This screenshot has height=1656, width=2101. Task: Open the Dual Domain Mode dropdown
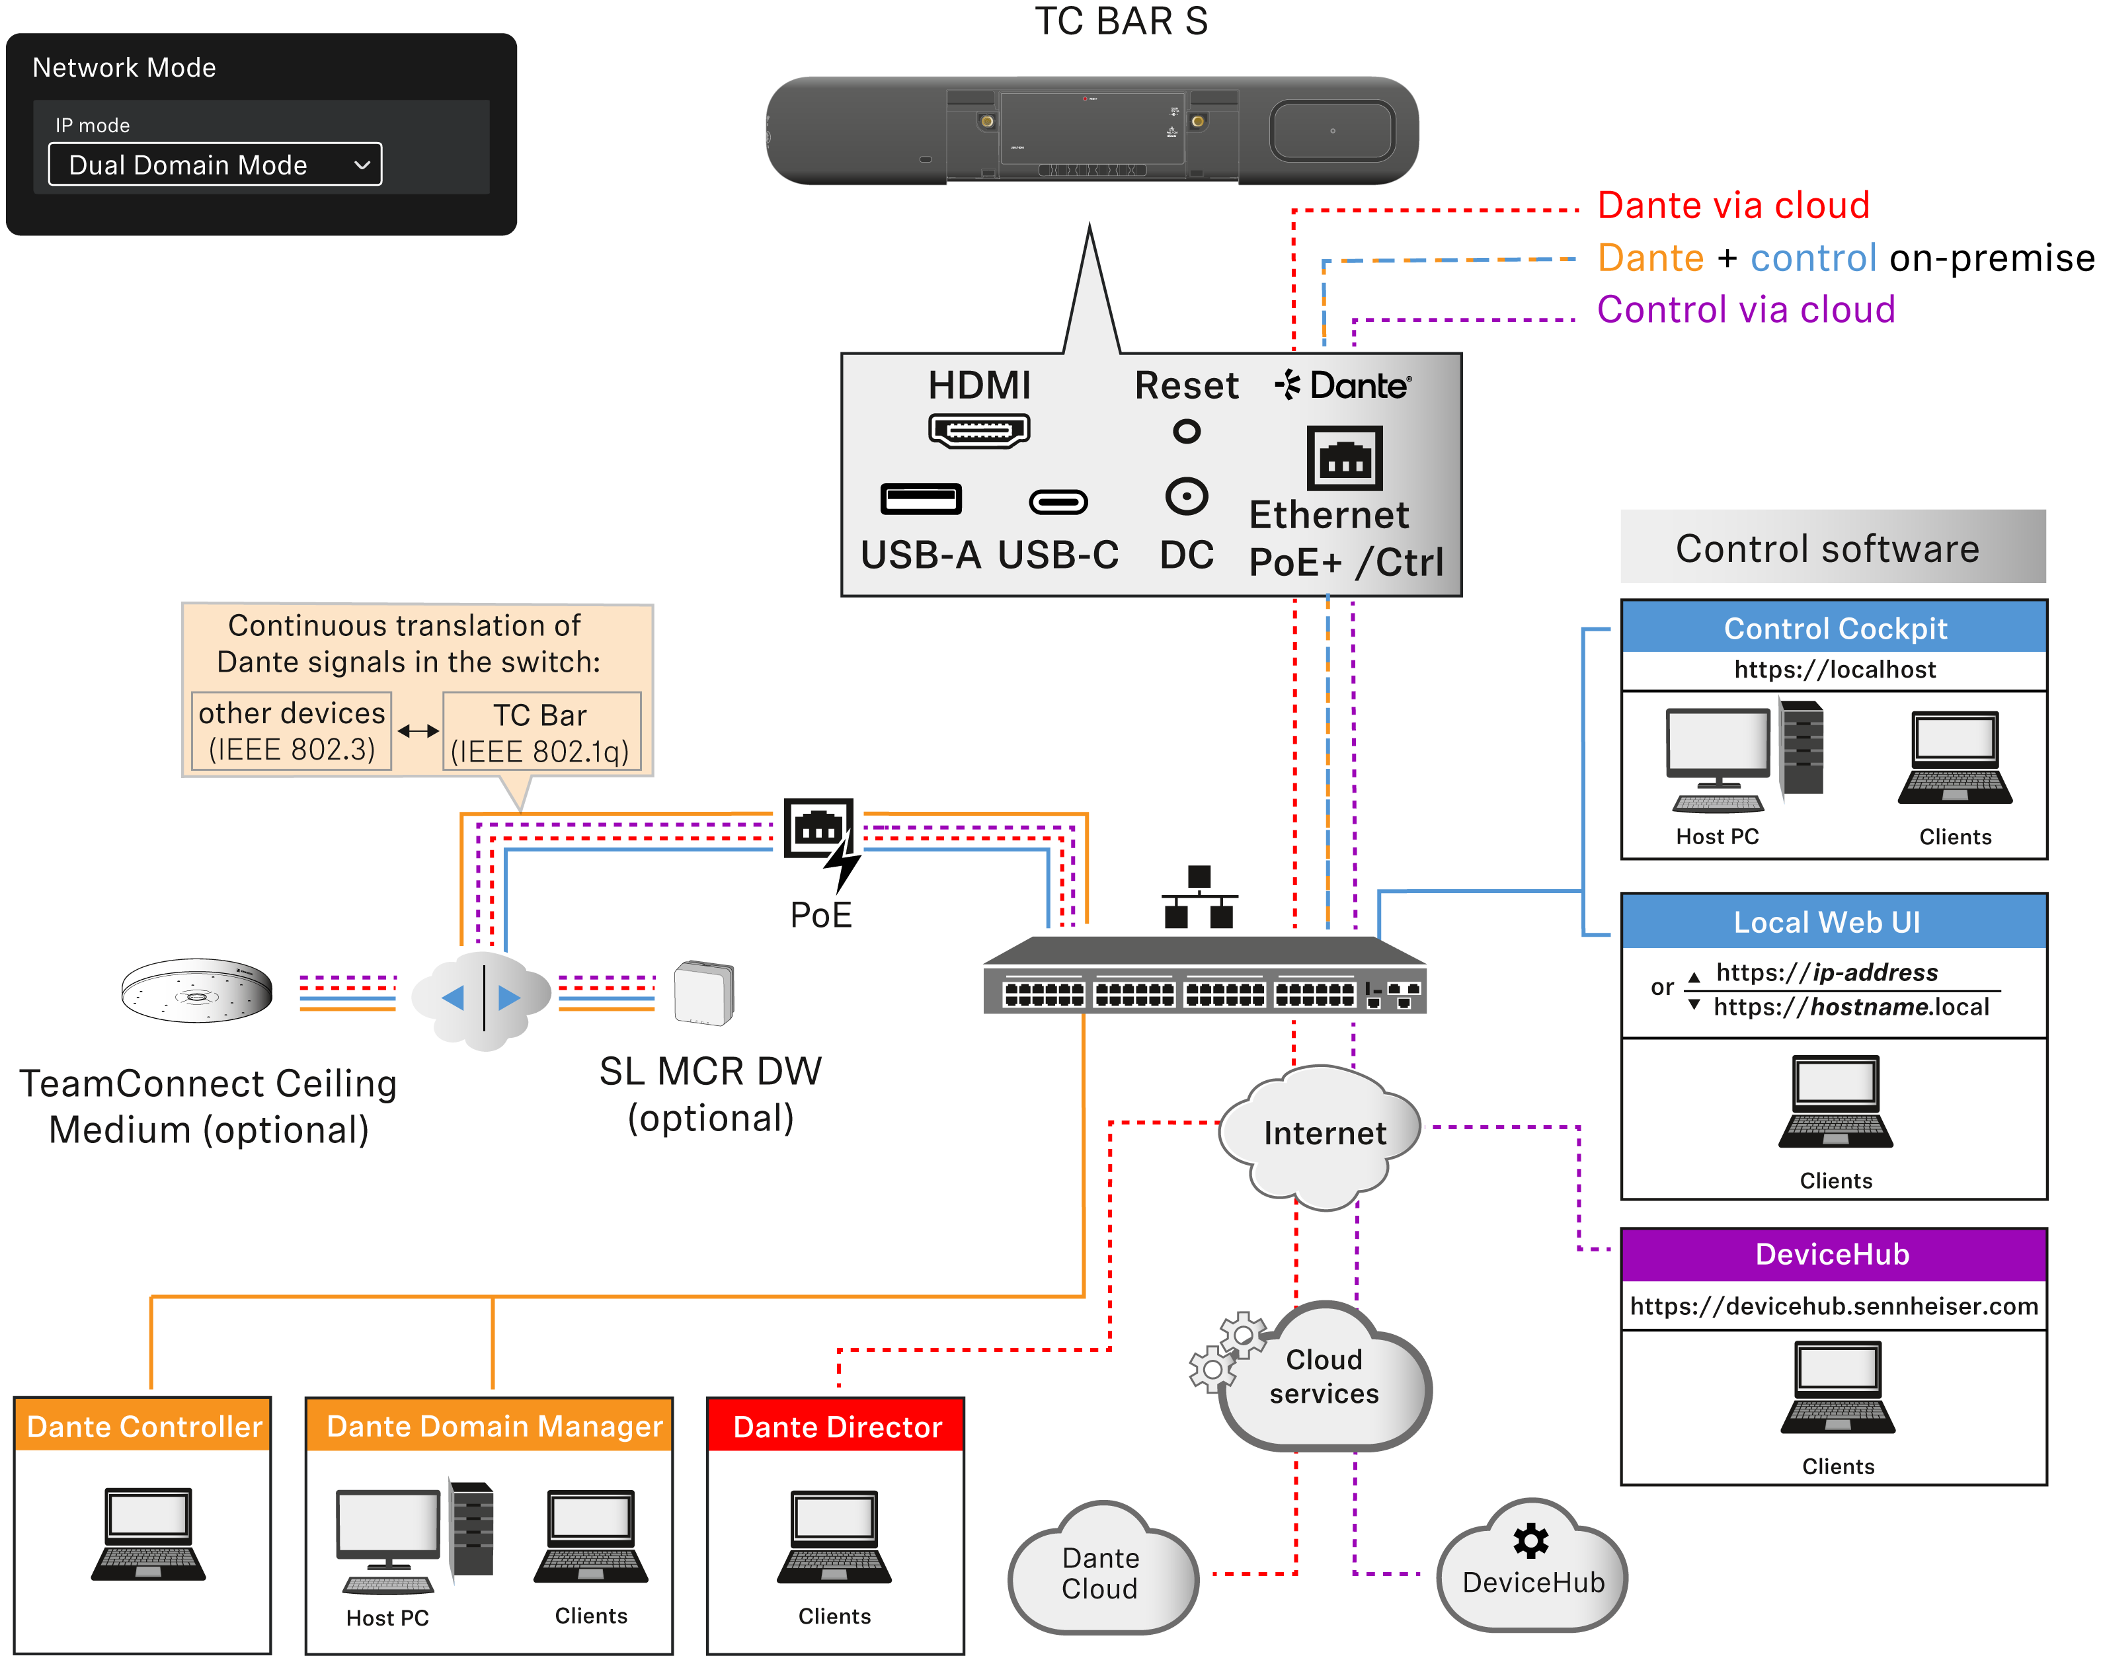(216, 165)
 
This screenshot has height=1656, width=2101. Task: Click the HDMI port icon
(978, 430)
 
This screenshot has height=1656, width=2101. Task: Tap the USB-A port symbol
(920, 499)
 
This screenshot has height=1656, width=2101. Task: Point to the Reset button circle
(1186, 430)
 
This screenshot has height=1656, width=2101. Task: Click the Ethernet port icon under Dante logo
(1344, 459)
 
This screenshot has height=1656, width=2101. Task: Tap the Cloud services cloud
(1324, 1377)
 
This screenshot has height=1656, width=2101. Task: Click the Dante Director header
(836, 1426)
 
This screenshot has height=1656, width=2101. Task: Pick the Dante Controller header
(143, 1426)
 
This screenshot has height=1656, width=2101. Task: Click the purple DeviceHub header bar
(1833, 1255)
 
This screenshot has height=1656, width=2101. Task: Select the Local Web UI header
(1833, 922)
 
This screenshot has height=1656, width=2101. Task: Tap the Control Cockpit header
(1833, 628)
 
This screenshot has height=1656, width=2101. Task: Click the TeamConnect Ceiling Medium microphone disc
(197, 991)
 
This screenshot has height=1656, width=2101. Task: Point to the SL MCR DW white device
(704, 992)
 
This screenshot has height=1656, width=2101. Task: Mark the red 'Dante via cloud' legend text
(1733, 206)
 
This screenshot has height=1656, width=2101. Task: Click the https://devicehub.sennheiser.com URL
(1833, 1306)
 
